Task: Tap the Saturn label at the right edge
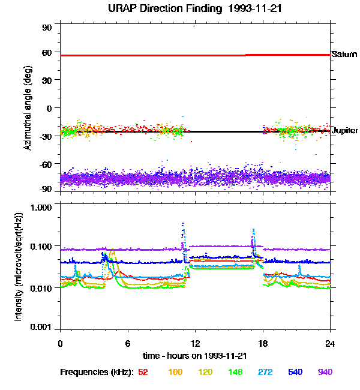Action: tap(344, 55)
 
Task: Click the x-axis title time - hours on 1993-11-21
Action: tap(195, 355)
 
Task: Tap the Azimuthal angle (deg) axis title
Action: tap(28, 108)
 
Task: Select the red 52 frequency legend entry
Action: tap(143, 372)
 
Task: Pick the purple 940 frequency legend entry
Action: tap(325, 372)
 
